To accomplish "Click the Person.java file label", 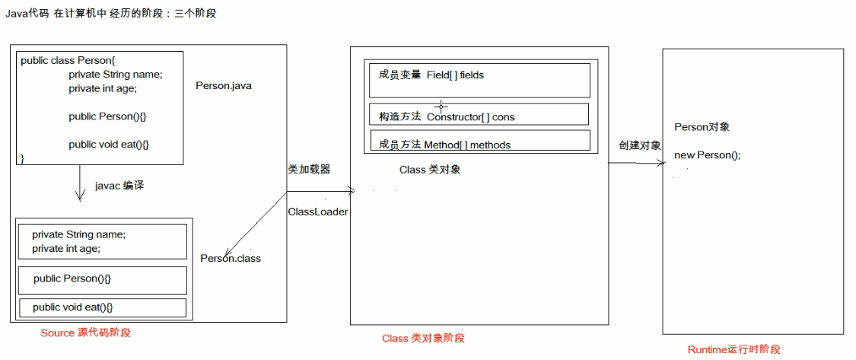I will (x=224, y=86).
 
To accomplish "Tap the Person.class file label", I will (x=231, y=258).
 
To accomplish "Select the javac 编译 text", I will (x=119, y=185).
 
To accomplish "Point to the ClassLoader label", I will (x=318, y=212).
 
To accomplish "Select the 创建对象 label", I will (x=640, y=145).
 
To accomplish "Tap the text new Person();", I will (x=708, y=155).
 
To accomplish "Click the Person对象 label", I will (x=702, y=127).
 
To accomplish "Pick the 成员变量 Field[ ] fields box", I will (x=477, y=80).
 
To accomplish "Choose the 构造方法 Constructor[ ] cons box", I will (x=477, y=115).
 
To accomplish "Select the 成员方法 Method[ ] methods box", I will (x=477, y=142).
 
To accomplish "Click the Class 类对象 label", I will (x=430, y=170).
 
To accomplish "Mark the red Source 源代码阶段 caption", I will (x=91, y=333).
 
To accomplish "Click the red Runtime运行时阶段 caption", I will (x=734, y=349).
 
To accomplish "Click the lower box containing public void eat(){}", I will (x=102, y=307).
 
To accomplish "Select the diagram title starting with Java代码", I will (x=111, y=14).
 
